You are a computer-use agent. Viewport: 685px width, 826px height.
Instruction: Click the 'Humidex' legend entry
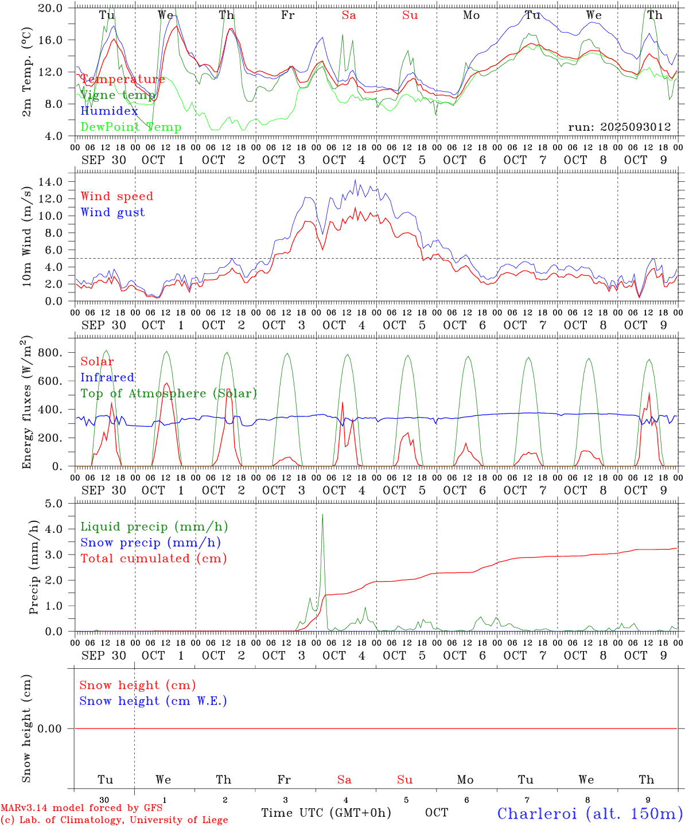point(109,111)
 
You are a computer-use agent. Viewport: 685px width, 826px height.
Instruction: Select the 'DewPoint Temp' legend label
point(131,127)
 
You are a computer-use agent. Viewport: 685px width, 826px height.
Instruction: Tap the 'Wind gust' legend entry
point(112,212)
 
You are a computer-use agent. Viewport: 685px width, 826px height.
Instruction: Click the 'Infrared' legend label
point(107,377)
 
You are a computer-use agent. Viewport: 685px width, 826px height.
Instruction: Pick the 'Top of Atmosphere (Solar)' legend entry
point(169,393)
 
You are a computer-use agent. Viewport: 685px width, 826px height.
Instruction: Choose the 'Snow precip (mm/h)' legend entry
point(150,543)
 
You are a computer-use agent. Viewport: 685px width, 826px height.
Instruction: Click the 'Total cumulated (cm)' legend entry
point(153,559)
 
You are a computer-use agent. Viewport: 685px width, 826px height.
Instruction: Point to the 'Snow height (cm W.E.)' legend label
point(153,701)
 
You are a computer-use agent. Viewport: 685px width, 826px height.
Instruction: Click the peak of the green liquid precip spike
point(322,514)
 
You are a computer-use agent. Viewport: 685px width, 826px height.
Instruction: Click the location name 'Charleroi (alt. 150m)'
point(590,813)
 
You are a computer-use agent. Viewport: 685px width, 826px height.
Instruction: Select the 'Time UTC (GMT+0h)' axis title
point(326,813)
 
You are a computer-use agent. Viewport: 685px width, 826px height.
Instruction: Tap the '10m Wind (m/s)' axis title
point(26,236)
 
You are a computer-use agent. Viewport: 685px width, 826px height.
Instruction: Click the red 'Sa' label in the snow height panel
point(344,780)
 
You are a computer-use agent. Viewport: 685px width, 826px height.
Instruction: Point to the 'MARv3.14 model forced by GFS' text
point(81,808)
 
